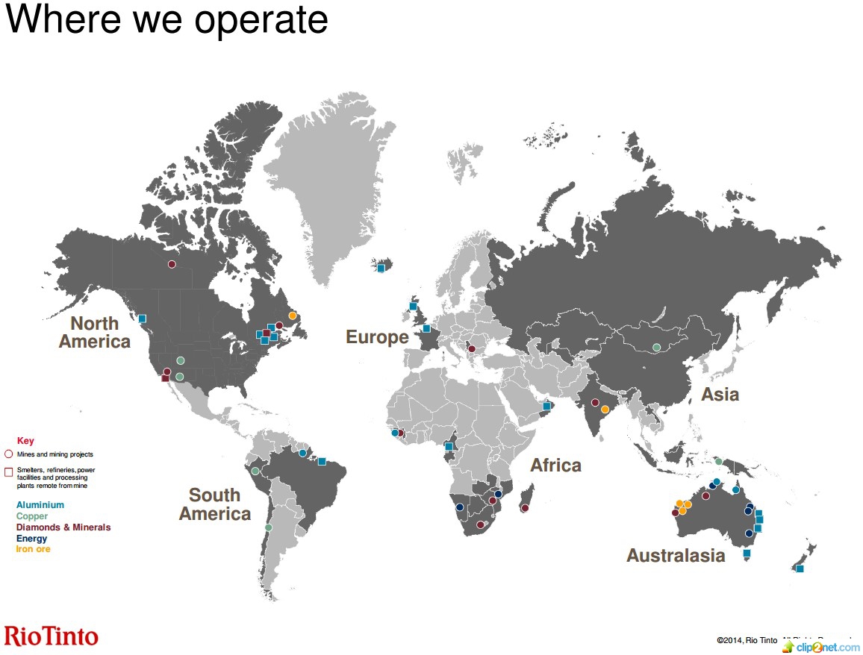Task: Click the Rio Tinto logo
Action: coord(51,636)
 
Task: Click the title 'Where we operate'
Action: coord(166,19)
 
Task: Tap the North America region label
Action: coord(95,333)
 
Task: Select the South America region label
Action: coord(215,504)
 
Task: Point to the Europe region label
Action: coord(377,337)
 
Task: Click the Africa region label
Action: coord(555,466)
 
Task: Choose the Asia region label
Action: coord(720,394)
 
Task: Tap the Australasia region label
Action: coord(676,555)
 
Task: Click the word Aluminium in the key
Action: coord(40,505)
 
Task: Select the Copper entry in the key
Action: coord(32,516)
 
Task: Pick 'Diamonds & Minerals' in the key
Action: coord(63,527)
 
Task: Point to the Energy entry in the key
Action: coord(31,539)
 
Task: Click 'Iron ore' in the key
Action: coord(34,549)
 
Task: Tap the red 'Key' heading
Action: coord(25,441)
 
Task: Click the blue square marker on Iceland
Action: coord(381,268)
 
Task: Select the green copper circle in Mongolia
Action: coord(656,347)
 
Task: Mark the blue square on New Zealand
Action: coord(800,568)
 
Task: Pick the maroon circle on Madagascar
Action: coord(525,508)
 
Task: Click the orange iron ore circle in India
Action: coord(605,409)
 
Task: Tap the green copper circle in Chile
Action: coord(269,527)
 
